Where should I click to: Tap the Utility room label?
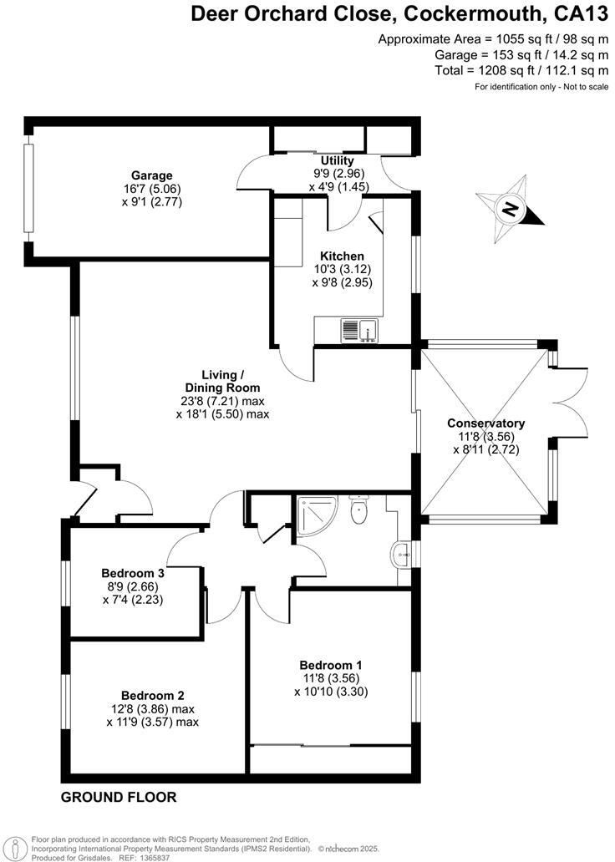338,160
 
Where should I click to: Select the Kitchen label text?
343,256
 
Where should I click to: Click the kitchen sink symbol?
359,331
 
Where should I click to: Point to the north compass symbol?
511,209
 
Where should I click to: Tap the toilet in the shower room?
360,510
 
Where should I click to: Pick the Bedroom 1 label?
331,665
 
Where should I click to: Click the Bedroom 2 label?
152,695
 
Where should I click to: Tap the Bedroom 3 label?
133,573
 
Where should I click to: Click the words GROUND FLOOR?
119,797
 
